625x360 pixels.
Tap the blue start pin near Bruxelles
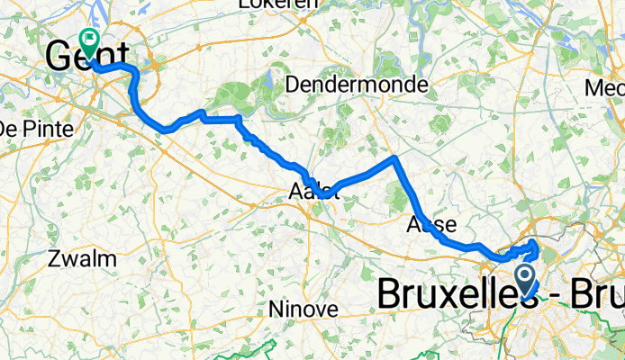pyautogui.click(x=526, y=274)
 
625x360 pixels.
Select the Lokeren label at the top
pyautogui.click(x=278, y=4)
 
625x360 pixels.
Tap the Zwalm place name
pyautogui.click(x=85, y=259)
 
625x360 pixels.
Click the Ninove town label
pyautogui.click(x=303, y=309)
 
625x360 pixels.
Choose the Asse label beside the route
pyautogui.click(x=431, y=224)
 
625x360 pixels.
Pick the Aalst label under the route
pyautogui.click(x=314, y=191)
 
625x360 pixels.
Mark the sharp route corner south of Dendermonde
pyautogui.click(x=394, y=159)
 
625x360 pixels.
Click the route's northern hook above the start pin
pyautogui.click(x=536, y=244)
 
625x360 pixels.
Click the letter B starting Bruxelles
pyautogui.click(x=387, y=294)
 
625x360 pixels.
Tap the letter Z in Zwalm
pyautogui.click(x=59, y=259)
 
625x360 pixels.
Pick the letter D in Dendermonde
pyautogui.click(x=291, y=85)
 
